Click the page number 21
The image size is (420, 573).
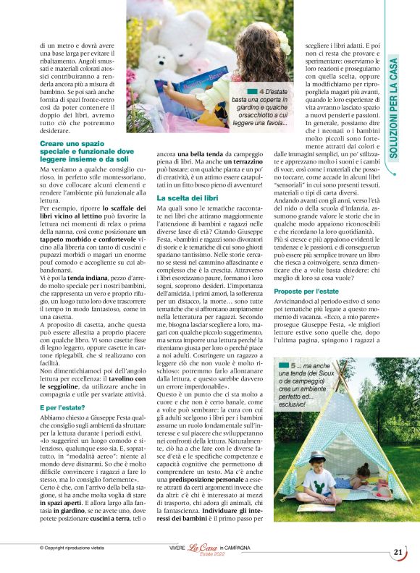pos(398,552)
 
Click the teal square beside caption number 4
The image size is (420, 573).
pos(252,91)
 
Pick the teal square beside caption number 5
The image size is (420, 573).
pos(284,367)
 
